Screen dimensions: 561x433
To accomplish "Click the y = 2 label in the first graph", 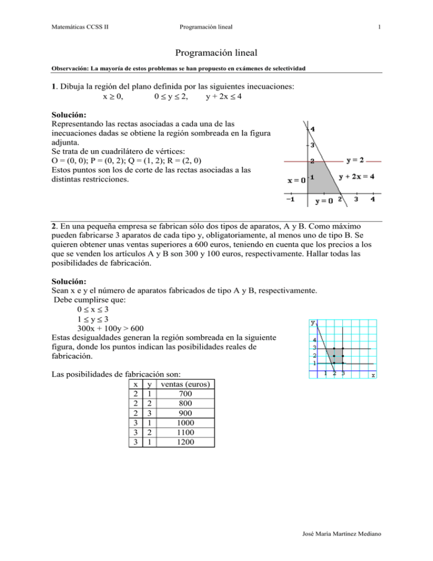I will click(x=355, y=159).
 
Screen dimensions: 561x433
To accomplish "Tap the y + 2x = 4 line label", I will click(x=357, y=177).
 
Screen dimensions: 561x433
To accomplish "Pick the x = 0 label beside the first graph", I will click(x=297, y=181).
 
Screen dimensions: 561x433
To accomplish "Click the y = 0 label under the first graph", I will click(x=324, y=200).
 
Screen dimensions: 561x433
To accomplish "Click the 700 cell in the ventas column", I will click(x=185, y=394).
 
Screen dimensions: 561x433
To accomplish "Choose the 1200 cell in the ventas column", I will click(x=185, y=442).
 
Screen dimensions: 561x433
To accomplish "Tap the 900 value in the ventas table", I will click(x=185, y=414).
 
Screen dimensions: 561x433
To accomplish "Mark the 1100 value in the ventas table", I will click(x=185, y=433).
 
